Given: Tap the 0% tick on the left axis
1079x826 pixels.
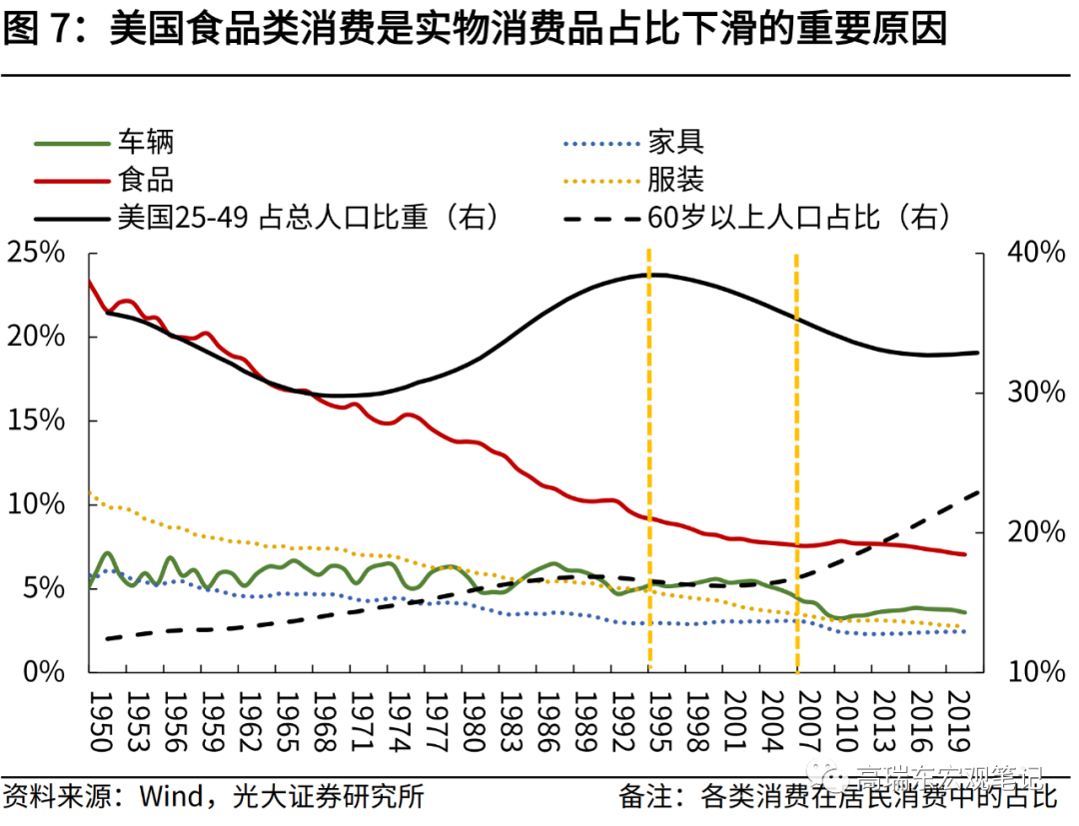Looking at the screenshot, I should click(x=44, y=671).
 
